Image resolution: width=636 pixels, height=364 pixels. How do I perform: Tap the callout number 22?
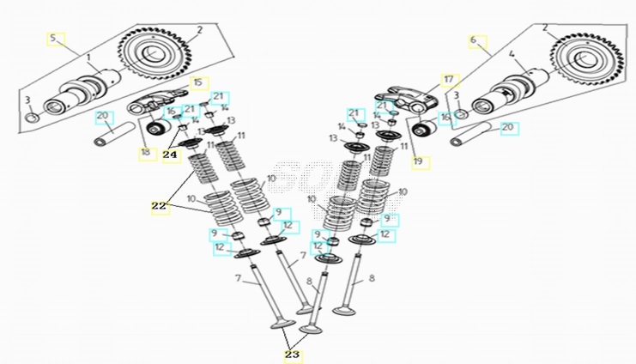click(x=158, y=206)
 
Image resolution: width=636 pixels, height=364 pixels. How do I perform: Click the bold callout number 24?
click(x=170, y=155)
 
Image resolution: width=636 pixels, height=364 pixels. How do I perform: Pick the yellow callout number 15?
click(x=198, y=82)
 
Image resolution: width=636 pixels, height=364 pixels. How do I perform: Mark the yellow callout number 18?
click(x=144, y=153)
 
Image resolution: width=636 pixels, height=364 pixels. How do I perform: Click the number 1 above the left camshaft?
click(x=88, y=56)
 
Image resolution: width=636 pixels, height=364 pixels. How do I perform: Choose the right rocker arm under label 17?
click(x=400, y=99)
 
